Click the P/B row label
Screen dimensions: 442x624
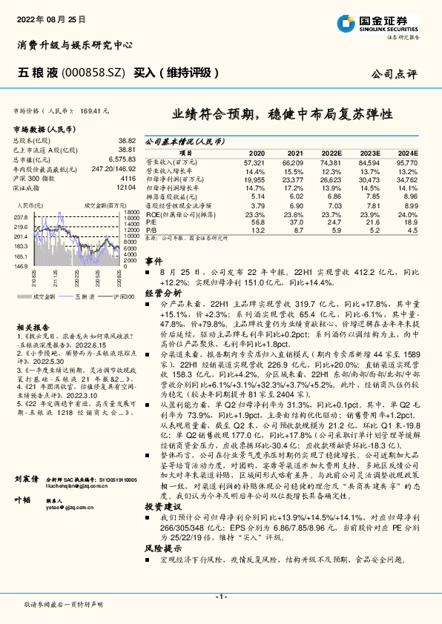tap(151, 230)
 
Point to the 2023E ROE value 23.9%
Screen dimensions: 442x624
tap(369, 213)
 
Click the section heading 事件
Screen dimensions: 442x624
tap(153, 262)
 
